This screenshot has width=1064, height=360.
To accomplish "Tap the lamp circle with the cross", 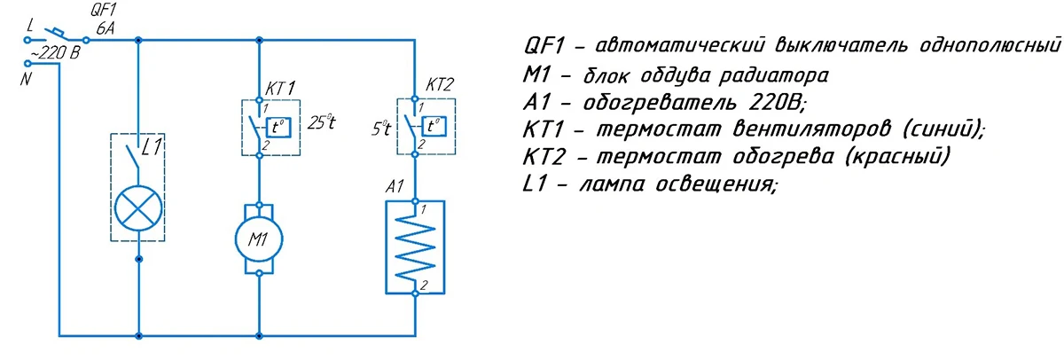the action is click(137, 208).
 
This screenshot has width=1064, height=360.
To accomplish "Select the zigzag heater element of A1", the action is click(415, 247).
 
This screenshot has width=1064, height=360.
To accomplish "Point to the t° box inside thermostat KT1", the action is click(278, 127).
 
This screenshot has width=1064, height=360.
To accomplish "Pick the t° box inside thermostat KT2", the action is click(434, 126).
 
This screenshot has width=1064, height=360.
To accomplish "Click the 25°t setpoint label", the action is click(322, 123).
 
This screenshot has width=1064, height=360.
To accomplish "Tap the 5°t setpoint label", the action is click(381, 129).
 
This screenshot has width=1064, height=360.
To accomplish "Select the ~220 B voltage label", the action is click(56, 53).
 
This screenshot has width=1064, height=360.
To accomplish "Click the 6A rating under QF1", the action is click(106, 28).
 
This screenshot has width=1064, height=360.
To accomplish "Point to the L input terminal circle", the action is click(28, 41).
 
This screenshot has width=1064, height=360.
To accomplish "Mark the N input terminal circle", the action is click(28, 63).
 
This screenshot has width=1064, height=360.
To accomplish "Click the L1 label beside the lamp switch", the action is click(152, 147).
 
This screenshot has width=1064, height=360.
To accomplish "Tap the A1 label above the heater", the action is click(395, 186).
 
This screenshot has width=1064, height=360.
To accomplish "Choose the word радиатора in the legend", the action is click(773, 76).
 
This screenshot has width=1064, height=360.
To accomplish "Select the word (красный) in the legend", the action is click(897, 156).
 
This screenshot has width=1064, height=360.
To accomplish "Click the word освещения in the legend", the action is click(716, 184).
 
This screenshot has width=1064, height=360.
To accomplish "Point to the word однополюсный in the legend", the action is click(990, 45).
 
